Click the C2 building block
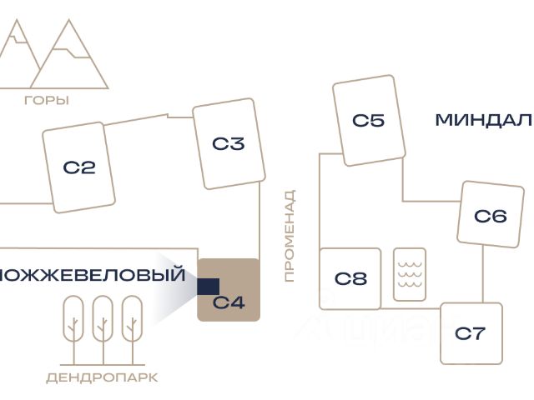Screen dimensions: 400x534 click(79, 167)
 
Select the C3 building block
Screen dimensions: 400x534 click(228, 144)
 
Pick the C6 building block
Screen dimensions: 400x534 click(490, 216)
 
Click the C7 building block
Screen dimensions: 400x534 click(471, 333)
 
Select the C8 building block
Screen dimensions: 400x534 click(350, 277)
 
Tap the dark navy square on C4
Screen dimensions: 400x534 click(208, 287)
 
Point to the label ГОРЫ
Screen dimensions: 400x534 click(47, 101)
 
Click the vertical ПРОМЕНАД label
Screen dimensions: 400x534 click(290, 237)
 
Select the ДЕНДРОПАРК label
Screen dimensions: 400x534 click(102, 377)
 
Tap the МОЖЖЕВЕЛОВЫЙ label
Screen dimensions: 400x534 click(92, 273)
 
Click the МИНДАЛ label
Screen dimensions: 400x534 click(483, 120)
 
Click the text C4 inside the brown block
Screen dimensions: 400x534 click(229, 302)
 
